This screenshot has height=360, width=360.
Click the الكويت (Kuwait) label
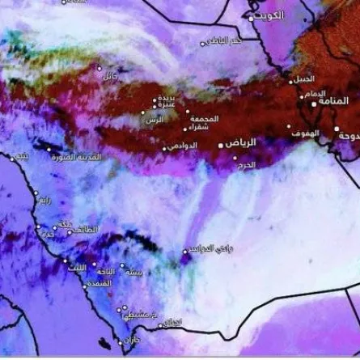point(269,15)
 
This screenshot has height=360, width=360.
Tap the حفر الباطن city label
point(224,40)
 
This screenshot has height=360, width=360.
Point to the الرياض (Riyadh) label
point(240,142)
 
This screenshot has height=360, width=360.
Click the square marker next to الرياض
point(222,146)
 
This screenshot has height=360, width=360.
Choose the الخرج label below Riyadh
point(246,164)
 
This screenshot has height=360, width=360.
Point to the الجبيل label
point(304,78)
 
